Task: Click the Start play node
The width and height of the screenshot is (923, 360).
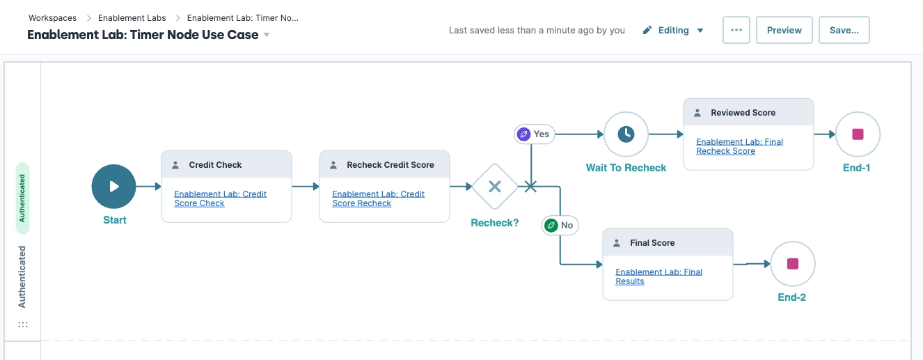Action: [x=113, y=187]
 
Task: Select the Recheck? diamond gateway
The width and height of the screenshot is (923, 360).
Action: [x=495, y=187]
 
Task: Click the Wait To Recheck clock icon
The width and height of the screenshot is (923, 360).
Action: [x=626, y=134]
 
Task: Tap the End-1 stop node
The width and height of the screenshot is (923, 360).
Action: [x=858, y=134]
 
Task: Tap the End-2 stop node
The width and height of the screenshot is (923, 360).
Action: [x=792, y=264]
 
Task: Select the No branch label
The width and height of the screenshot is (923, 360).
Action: [x=560, y=226]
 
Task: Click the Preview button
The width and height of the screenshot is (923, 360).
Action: [x=784, y=31]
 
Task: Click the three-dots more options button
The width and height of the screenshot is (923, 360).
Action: [x=736, y=31]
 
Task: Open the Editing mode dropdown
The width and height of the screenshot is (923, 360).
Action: [x=673, y=31]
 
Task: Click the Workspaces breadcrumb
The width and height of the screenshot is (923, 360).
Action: [x=52, y=18]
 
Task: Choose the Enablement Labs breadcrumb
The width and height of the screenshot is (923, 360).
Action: [x=132, y=18]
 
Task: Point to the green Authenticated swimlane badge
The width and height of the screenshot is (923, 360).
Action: [x=22, y=198]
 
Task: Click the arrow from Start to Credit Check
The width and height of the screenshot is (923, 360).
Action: [x=148, y=187]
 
